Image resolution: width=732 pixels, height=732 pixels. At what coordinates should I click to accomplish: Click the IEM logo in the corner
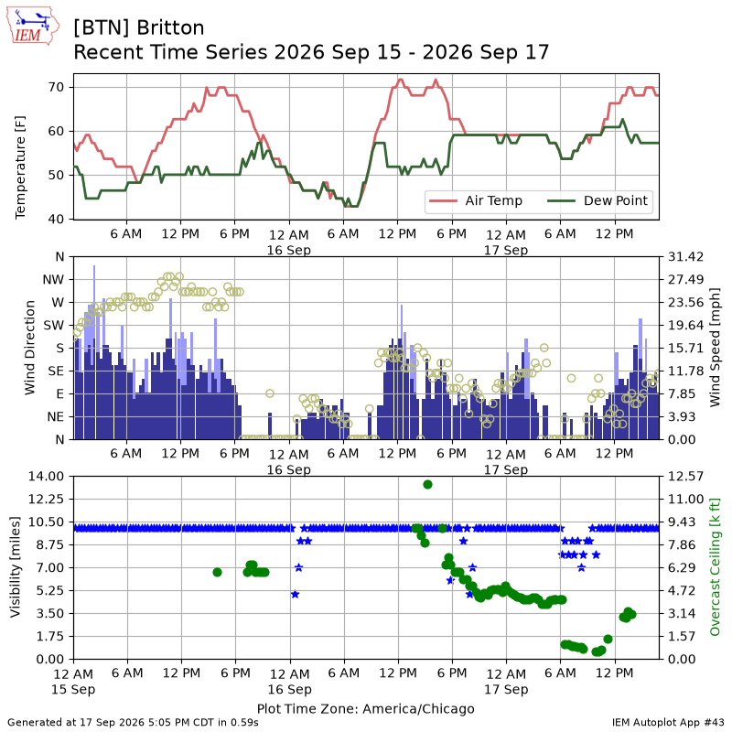tap(33, 26)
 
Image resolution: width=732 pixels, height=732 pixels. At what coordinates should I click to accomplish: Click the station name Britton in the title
tap(170, 28)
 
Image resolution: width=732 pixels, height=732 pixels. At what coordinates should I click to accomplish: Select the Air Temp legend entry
tap(476, 200)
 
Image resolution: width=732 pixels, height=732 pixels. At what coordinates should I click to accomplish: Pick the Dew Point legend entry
tap(597, 200)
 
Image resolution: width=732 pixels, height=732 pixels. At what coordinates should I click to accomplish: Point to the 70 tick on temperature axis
tap(56, 87)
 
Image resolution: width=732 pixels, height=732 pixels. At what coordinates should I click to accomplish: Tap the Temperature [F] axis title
tap(20, 167)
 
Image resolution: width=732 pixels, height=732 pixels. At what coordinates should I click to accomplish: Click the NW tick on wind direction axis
tap(53, 280)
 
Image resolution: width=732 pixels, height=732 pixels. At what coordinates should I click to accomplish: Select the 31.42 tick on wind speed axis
tap(685, 257)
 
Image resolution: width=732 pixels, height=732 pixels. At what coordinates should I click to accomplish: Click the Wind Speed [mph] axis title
tap(715, 348)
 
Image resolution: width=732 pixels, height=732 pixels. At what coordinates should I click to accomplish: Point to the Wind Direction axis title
tap(30, 348)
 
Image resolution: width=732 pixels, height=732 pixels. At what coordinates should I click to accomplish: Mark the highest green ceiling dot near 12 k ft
tap(427, 485)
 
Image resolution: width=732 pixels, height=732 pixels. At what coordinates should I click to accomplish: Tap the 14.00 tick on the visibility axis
tap(47, 476)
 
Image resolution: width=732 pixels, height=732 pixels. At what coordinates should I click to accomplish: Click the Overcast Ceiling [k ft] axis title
tap(715, 566)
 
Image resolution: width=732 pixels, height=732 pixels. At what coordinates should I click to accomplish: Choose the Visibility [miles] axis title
tap(16, 566)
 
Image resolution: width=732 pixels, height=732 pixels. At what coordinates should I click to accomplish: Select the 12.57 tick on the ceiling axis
tap(685, 476)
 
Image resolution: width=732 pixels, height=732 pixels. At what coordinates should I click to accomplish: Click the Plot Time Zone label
tap(365, 708)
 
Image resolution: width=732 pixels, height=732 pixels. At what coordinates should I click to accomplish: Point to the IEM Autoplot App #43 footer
tap(668, 722)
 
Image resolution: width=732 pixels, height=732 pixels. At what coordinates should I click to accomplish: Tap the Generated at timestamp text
tap(133, 722)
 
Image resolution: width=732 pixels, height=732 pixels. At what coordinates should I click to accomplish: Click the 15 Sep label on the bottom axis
tap(73, 689)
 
